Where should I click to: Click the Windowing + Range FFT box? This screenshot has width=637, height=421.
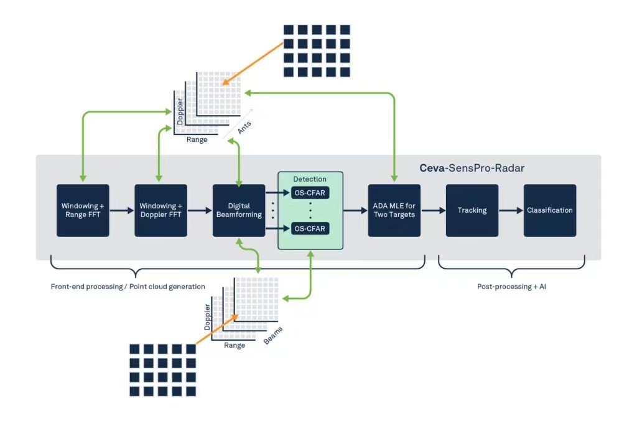(x=83, y=210)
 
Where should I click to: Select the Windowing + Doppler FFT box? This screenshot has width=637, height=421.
(x=161, y=210)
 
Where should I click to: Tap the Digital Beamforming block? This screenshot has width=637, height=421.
(x=239, y=210)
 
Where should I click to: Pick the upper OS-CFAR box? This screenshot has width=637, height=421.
(x=310, y=193)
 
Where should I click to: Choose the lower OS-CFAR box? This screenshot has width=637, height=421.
(x=310, y=229)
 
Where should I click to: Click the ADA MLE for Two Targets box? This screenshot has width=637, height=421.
(x=394, y=210)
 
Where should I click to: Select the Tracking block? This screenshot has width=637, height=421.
(x=472, y=210)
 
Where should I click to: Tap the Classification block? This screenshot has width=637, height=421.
(x=550, y=210)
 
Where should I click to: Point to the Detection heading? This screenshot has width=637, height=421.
(x=310, y=179)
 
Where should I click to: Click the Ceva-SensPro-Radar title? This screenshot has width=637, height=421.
(x=472, y=168)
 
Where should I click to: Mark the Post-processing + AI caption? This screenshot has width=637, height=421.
(x=511, y=287)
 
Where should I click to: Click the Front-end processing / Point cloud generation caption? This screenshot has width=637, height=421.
(x=128, y=287)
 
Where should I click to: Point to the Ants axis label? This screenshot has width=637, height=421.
(x=244, y=127)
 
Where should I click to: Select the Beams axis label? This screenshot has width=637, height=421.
(x=273, y=336)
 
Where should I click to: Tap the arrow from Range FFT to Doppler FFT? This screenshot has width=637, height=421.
(x=122, y=210)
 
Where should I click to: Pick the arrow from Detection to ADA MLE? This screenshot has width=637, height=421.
(x=355, y=210)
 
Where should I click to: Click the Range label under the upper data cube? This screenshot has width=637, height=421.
(x=197, y=140)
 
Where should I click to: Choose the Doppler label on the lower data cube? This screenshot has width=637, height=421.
(x=208, y=317)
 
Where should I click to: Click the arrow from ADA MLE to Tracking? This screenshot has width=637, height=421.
(x=434, y=210)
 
